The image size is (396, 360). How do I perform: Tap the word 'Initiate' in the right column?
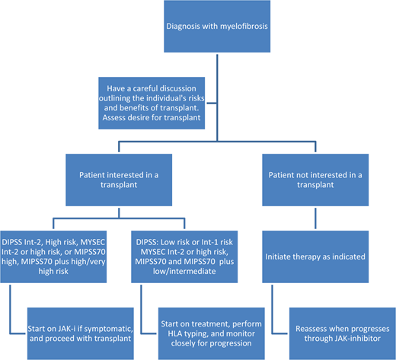[285, 257]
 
